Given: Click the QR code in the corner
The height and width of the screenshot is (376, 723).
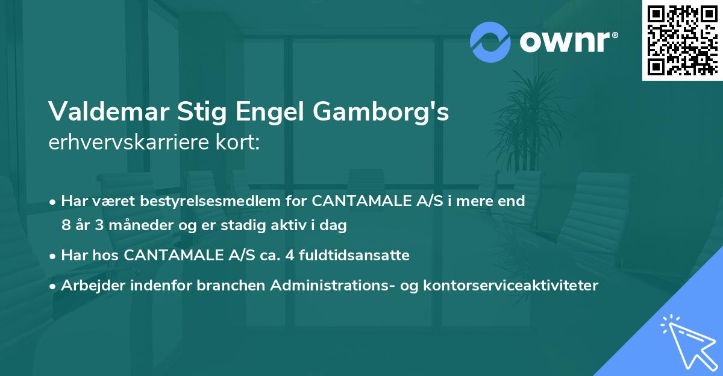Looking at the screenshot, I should click(x=683, y=40).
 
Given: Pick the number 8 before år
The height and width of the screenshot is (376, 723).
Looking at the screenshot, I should click(x=66, y=225).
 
